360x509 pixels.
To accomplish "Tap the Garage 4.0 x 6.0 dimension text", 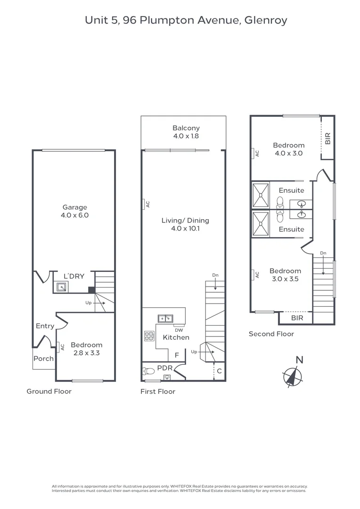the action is click(x=74, y=215).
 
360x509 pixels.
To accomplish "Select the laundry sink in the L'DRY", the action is click(x=61, y=287).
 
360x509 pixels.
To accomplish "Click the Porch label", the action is click(x=43, y=359).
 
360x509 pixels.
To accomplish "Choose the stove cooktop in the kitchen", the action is click(x=149, y=336).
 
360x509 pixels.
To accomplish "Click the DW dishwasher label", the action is click(x=179, y=330).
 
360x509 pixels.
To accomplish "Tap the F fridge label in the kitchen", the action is click(x=177, y=355).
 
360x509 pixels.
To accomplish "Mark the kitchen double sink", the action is click(x=165, y=319).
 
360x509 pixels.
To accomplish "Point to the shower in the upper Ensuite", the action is click(x=261, y=195).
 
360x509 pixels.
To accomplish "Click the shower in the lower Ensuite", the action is click(x=261, y=224).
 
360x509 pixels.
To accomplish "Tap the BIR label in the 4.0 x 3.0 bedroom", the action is click(x=327, y=138).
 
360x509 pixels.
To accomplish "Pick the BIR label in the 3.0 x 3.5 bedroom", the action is click(x=297, y=318).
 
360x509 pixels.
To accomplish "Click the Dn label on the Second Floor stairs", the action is click(x=323, y=253).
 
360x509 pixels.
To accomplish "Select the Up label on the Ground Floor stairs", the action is click(x=88, y=303).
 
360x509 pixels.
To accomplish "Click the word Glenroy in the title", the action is click(x=266, y=20).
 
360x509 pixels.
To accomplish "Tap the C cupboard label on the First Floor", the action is click(x=220, y=371).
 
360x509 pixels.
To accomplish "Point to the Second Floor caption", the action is click(x=271, y=334).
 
